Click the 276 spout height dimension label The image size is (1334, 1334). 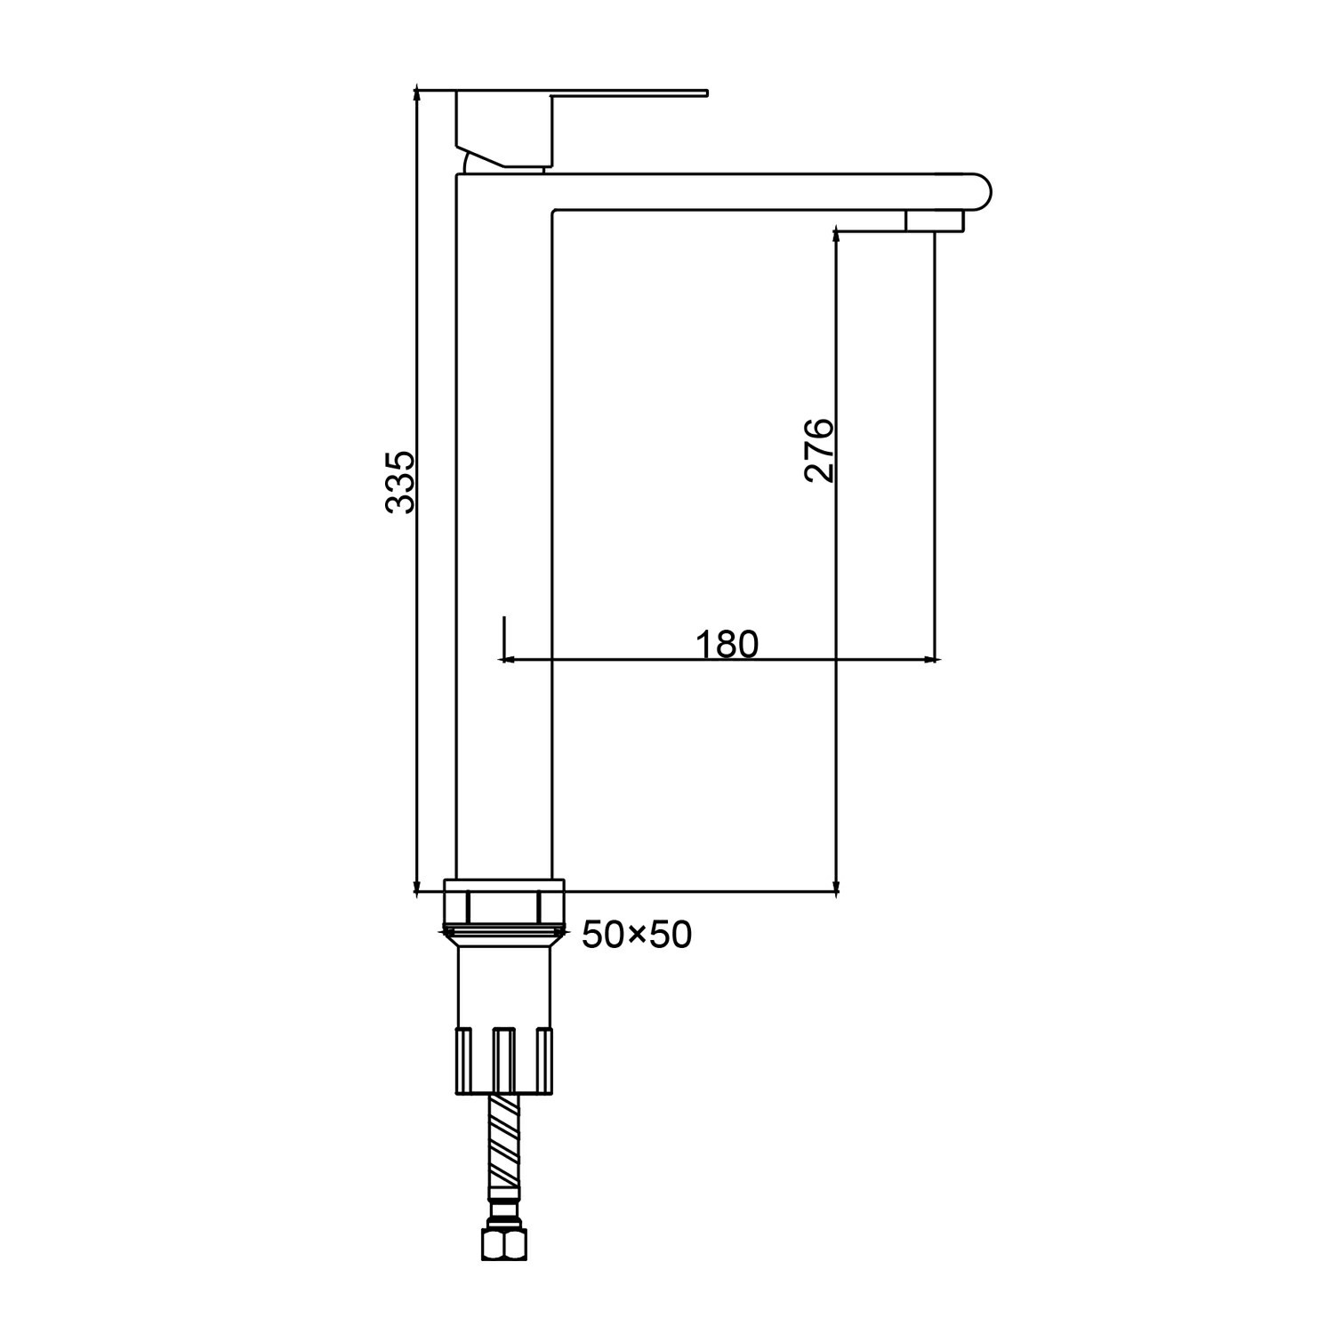click(x=819, y=449)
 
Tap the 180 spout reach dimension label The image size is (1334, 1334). click(x=727, y=644)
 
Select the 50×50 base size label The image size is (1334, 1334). click(x=637, y=935)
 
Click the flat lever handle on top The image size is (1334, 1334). click(x=627, y=92)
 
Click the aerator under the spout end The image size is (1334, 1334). click(x=934, y=221)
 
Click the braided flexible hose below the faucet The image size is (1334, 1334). click(x=503, y=1148)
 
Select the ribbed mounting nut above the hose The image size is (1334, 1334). click(x=503, y=1061)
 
